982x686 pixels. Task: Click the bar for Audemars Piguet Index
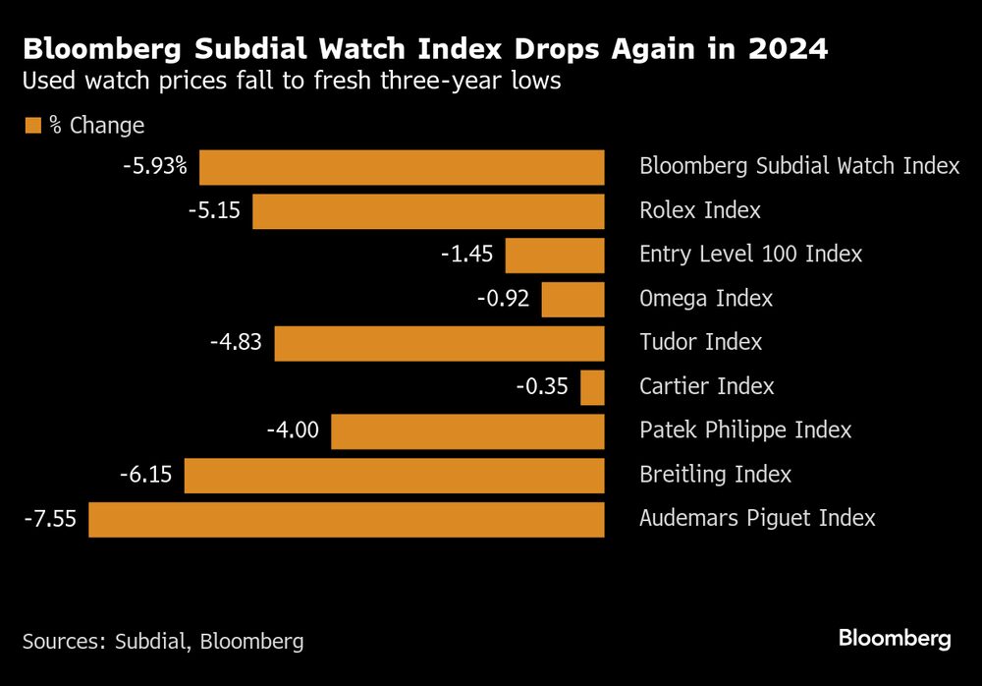[346, 519]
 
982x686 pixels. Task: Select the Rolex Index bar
[428, 211]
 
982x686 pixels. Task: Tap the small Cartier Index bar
[592, 387]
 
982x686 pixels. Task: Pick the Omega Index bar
[573, 300]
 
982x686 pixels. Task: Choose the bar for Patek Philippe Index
[467, 431]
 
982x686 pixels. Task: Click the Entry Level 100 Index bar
[554, 256]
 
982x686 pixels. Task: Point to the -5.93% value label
[154, 166]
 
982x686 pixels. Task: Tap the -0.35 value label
[542, 386]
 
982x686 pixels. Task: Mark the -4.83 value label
[236, 342]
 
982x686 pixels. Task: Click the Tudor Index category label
[700, 342]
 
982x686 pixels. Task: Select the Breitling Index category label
[715, 475]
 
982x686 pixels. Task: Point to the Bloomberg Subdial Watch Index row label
[798, 166]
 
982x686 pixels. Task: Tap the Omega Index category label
[705, 299]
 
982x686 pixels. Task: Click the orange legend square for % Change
[31, 125]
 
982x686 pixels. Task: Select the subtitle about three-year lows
[291, 81]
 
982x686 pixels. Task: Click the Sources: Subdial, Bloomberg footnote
[163, 642]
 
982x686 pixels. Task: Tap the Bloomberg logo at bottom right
[894, 639]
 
